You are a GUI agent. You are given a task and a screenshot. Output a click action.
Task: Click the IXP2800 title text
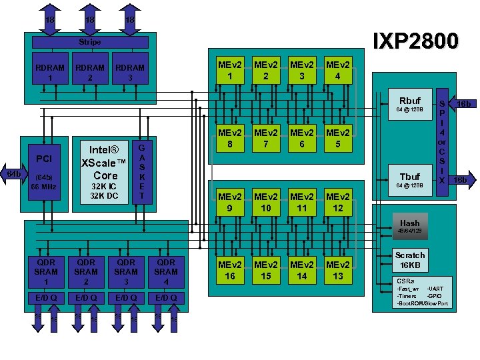(x=416, y=42)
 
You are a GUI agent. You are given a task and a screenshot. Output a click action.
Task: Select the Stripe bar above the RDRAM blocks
(x=90, y=42)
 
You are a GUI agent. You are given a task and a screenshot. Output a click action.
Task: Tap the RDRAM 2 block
(x=90, y=72)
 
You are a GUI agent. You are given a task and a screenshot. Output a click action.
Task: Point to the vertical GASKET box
(x=142, y=172)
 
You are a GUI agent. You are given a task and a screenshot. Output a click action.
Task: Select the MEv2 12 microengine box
(x=338, y=203)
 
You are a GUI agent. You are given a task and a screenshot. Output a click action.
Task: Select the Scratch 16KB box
(x=409, y=259)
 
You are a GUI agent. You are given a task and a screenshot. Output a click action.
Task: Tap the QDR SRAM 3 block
(x=125, y=271)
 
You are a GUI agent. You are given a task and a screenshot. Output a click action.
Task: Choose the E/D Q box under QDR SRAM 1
(x=45, y=297)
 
